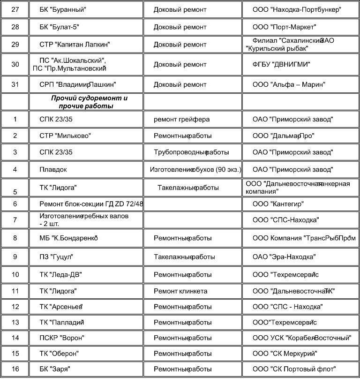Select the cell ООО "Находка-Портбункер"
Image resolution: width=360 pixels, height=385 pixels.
(x=296, y=9)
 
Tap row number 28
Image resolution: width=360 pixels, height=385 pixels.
(x=15, y=27)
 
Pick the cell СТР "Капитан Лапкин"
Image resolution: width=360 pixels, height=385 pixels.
(x=75, y=45)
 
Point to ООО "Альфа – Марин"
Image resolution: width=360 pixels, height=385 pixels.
(x=289, y=84)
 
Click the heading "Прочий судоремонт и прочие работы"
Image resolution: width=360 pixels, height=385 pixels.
(x=89, y=102)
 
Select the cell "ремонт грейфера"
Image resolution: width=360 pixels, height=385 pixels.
(x=182, y=119)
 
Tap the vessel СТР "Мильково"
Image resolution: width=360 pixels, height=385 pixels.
(x=65, y=136)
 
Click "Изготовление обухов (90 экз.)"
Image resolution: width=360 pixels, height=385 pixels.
(x=195, y=169)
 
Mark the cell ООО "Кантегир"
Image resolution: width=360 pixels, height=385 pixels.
(x=278, y=204)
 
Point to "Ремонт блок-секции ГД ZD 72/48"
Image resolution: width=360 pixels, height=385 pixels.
(x=91, y=204)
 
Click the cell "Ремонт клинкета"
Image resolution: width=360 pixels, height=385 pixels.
(x=180, y=291)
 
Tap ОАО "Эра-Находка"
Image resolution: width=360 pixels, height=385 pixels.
(x=284, y=257)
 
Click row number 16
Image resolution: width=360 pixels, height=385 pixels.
(x=15, y=369)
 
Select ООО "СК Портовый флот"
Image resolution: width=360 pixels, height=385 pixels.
(x=294, y=369)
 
